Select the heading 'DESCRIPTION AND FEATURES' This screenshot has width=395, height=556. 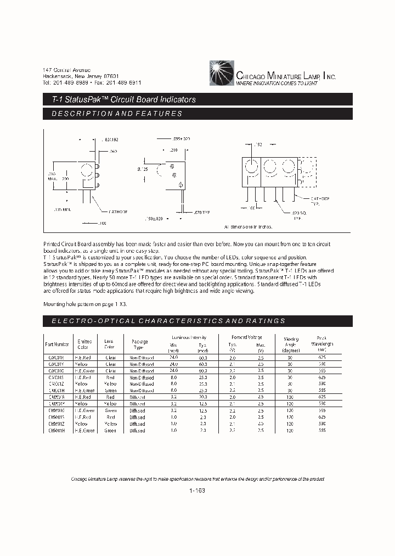point(116,114)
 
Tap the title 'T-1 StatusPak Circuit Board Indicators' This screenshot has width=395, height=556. point(120,99)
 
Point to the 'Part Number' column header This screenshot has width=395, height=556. point(57,344)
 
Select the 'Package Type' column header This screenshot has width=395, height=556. point(140,344)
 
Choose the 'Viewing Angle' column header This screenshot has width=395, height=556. point(291,344)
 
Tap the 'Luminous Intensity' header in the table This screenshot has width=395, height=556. point(189,337)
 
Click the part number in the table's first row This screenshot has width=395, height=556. point(57,357)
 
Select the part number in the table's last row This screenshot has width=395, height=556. point(57,431)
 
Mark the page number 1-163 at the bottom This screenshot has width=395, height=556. point(197,491)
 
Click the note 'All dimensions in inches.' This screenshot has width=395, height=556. point(249,226)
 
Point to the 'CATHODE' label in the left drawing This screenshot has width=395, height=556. point(117,211)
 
